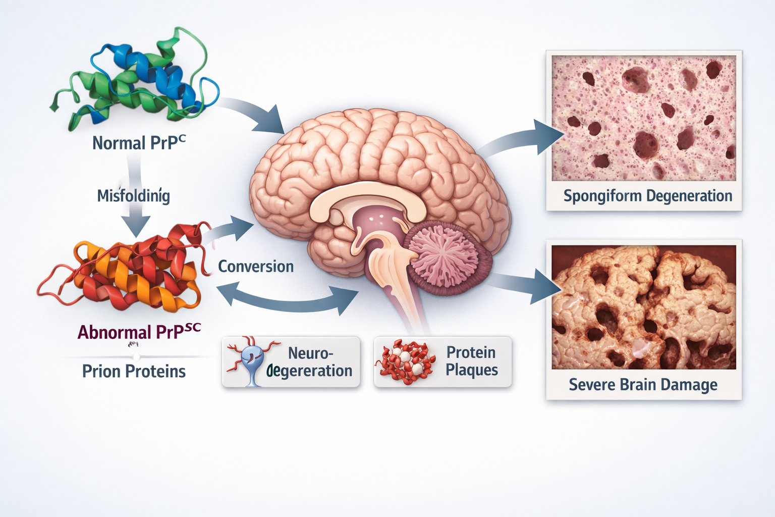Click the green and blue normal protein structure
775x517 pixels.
pyautogui.click(x=136, y=81)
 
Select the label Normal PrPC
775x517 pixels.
pyautogui.click(x=139, y=143)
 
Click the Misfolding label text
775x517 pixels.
pyautogui.click(x=134, y=195)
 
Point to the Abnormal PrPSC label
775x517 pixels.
pyautogui.click(x=139, y=332)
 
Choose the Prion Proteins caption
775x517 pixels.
pyautogui.click(x=134, y=372)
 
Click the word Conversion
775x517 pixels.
pyautogui.click(x=256, y=267)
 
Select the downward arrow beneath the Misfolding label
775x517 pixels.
pyautogui.click(x=136, y=222)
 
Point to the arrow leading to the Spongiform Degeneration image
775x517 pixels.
pyautogui.click(x=525, y=139)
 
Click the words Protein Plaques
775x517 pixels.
pyautogui.click(x=471, y=361)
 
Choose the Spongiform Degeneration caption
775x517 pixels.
pyautogui.click(x=647, y=196)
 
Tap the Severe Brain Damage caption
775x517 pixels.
pyautogui.click(x=643, y=385)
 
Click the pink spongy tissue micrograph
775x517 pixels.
pyautogui.click(x=643, y=118)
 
